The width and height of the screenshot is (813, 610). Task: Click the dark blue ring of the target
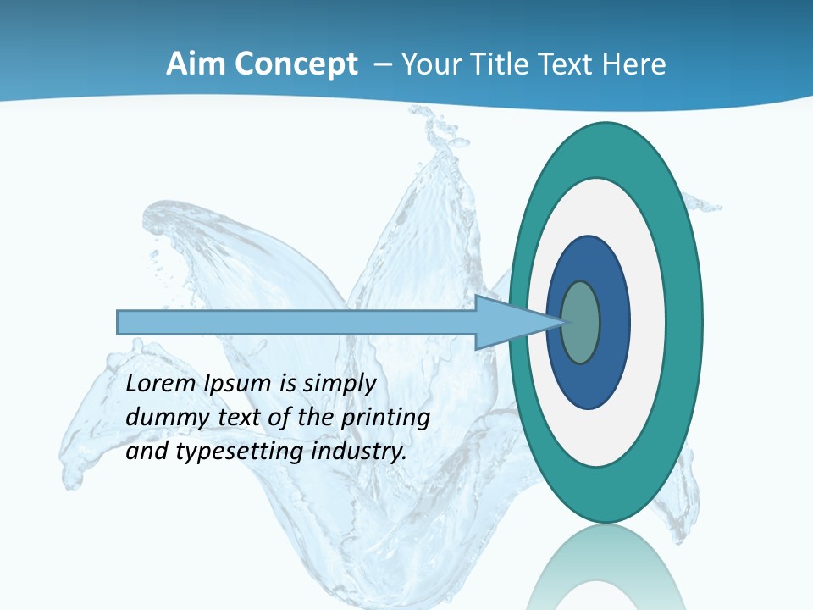614,322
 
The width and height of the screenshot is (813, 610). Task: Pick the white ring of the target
648,322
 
